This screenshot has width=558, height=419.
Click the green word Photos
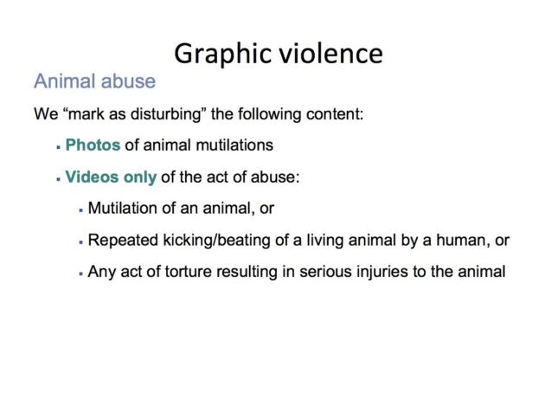93,145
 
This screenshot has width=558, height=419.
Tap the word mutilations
234,145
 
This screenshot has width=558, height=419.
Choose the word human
463,240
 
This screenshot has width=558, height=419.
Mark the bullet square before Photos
58,146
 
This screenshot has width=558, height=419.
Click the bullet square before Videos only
58,178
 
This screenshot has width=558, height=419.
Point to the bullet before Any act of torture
81,274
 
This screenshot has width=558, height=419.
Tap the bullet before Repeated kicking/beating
81,242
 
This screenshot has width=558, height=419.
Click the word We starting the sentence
46,114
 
